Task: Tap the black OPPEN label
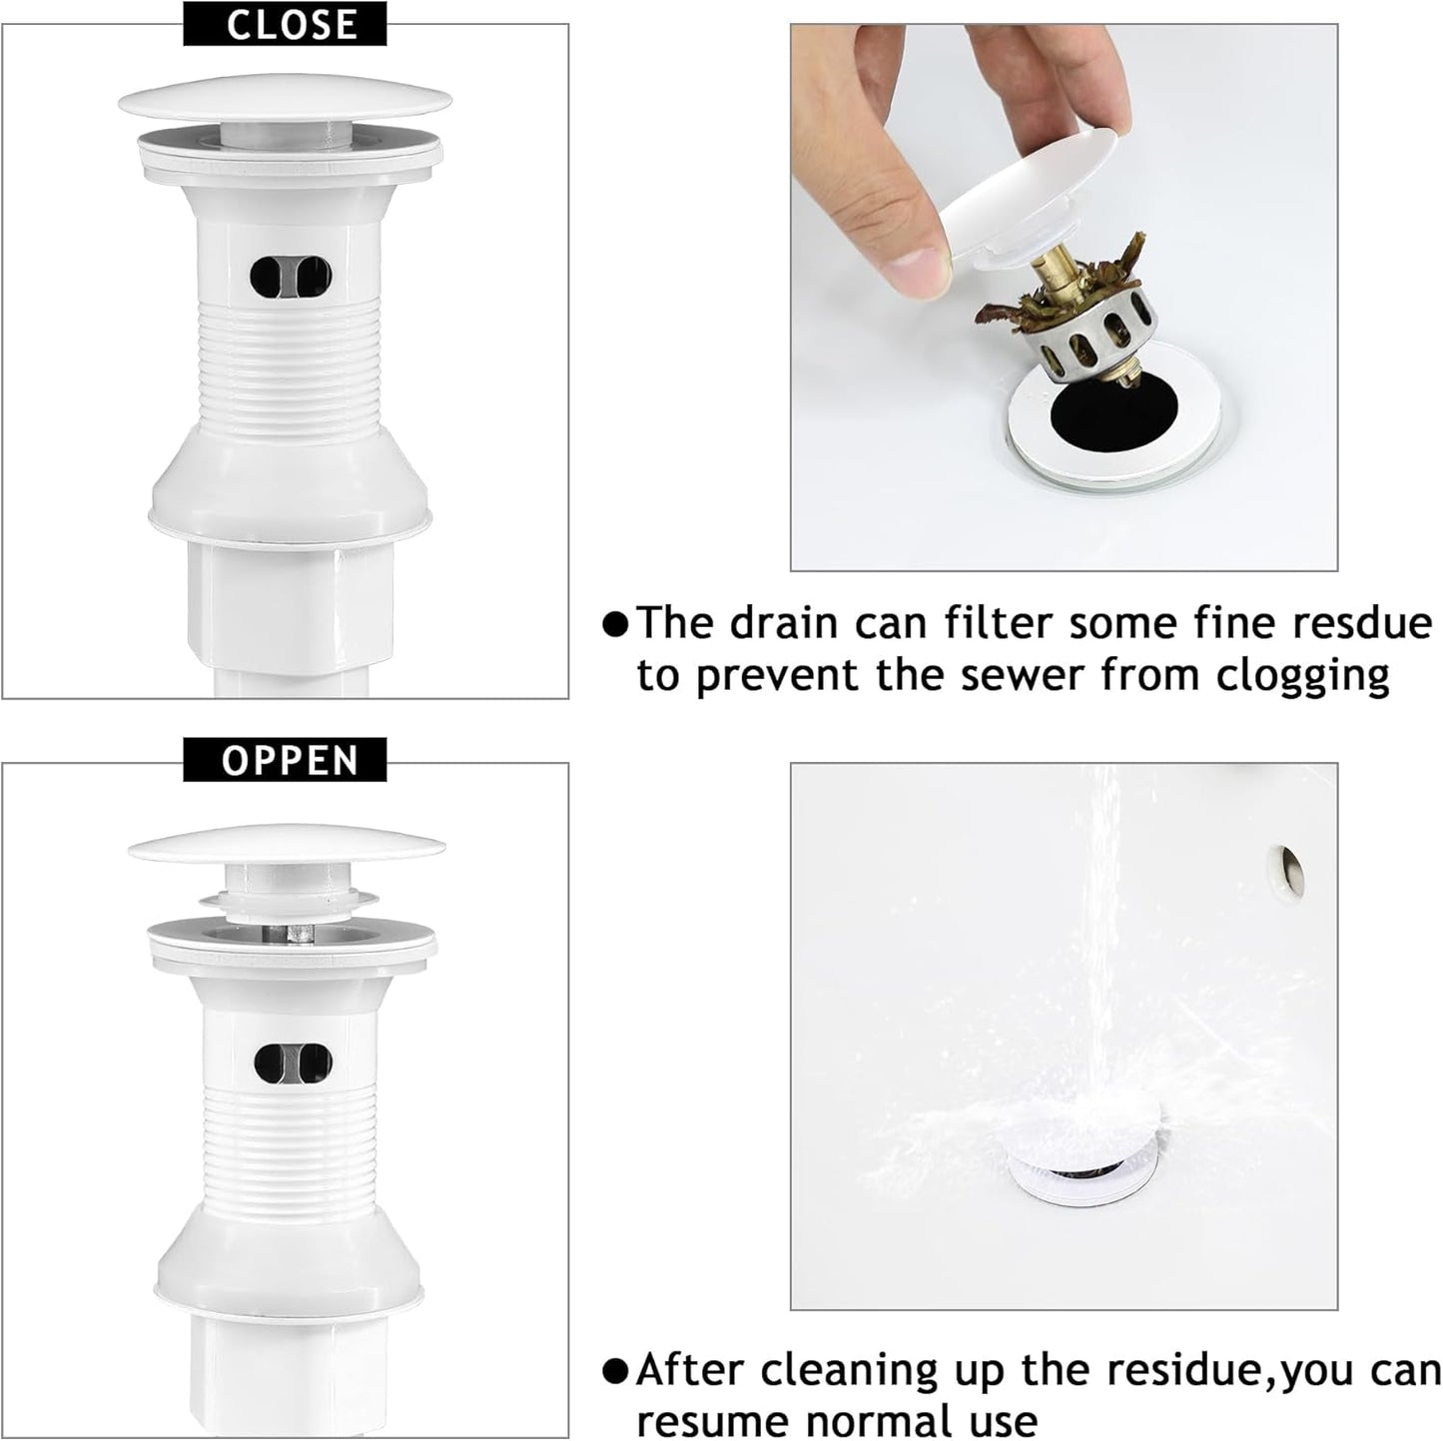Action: pos(290,760)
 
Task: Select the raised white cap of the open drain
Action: pos(286,847)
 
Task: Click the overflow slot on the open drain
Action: pos(292,1064)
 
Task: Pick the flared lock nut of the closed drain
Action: pos(290,489)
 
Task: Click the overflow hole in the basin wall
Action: pos(1289,869)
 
